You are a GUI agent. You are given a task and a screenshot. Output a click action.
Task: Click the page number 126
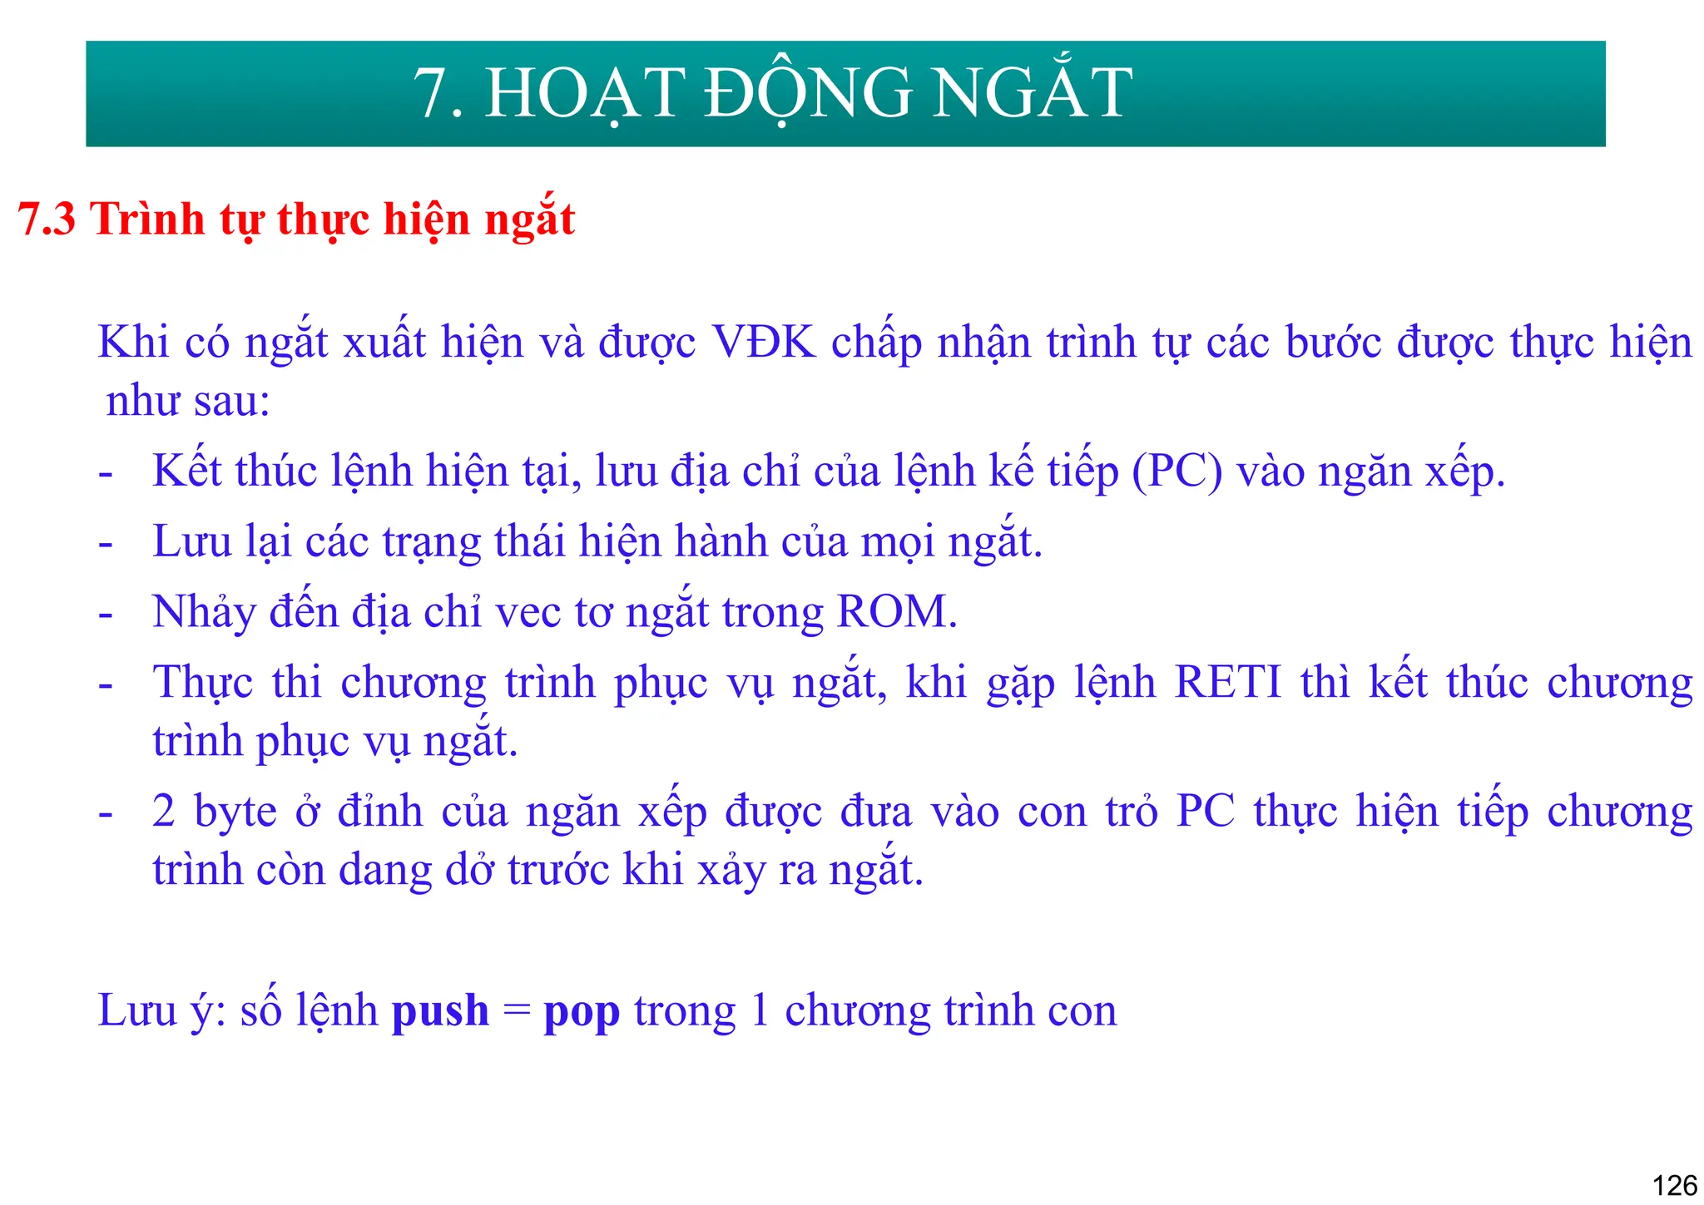pyautogui.click(x=1674, y=1184)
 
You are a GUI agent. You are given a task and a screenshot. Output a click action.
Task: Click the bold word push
pyautogui.click(x=439, y=1012)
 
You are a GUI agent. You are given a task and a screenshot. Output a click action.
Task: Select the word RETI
pyautogui.click(x=1227, y=683)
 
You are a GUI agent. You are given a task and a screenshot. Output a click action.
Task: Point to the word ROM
pyautogui.click(x=896, y=612)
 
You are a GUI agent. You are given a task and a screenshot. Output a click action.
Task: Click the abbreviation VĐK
pyautogui.click(x=764, y=343)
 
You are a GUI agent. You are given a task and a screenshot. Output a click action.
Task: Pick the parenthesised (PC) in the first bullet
pyautogui.click(x=1176, y=472)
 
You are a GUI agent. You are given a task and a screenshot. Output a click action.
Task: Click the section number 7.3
pyautogui.click(x=47, y=220)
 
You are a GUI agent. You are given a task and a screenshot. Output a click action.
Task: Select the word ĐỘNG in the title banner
pyautogui.click(x=808, y=93)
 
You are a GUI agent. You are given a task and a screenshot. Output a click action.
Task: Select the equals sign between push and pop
pyautogui.click(x=516, y=1012)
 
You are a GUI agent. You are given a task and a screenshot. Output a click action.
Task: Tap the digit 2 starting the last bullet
pyautogui.click(x=163, y=812)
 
